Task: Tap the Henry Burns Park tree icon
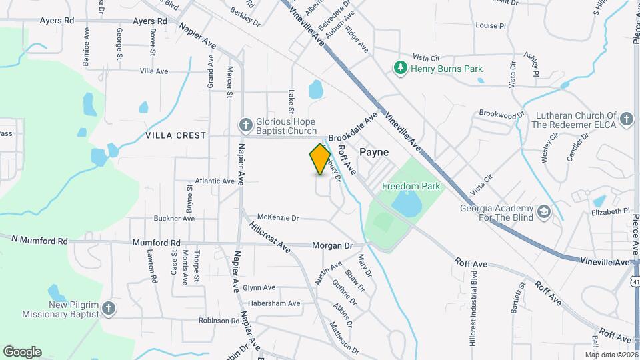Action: [x=400, y=68]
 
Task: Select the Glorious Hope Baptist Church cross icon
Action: [x=245, y=125]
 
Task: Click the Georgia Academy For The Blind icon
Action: [x=545, y=211]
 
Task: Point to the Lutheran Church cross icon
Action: [x=625, y=119]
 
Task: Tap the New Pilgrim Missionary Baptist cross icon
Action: [x=109, y=309]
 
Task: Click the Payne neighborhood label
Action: [x=374, y=152]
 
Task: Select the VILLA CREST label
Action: [x=176, y=135]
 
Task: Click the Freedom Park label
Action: [x=411, y=186]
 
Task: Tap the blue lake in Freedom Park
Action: [x=407, y=203]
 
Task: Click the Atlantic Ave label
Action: [x=215, y=181]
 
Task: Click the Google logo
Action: [x=22, y=351]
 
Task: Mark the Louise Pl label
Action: [x=491, y=25]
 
